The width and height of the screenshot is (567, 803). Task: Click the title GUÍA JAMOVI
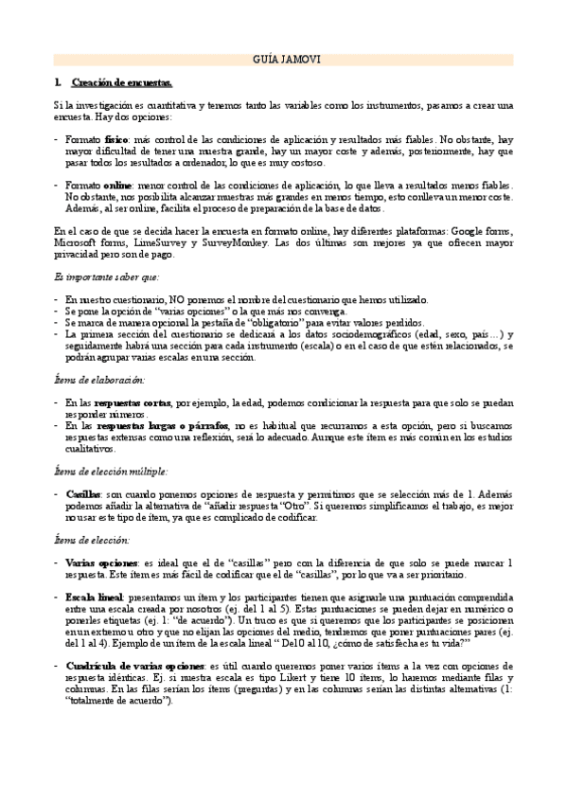283,60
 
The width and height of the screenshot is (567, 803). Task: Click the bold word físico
117,139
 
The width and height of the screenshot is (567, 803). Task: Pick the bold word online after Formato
118,186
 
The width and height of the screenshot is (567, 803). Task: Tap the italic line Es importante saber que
107,277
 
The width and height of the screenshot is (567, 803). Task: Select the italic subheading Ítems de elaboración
99,379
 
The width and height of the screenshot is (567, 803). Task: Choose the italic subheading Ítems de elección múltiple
111,470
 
